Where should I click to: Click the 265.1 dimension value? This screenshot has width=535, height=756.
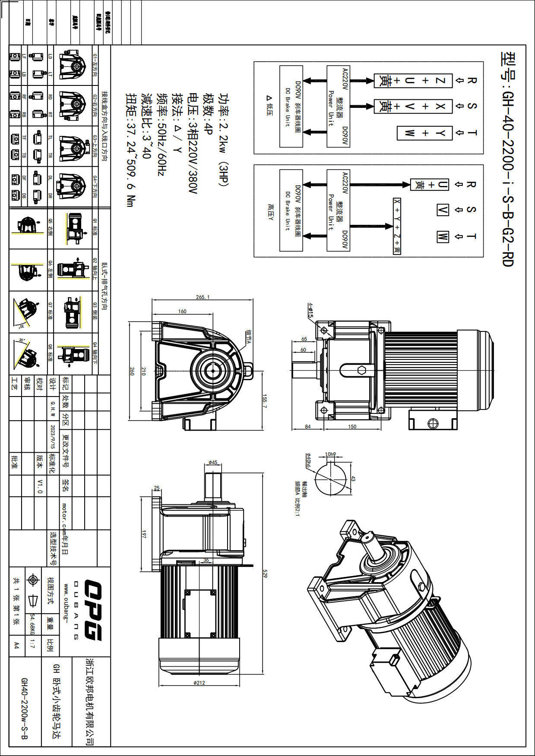coord(203,297)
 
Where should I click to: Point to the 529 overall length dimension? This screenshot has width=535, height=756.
coord(265,574)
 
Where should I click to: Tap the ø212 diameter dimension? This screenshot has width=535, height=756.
coord(199,683)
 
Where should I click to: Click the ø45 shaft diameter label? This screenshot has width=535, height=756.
coord(213,463)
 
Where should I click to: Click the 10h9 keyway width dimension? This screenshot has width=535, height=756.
coord(330,454)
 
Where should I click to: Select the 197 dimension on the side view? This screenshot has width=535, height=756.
coord(144,534)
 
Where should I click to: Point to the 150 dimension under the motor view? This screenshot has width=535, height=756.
coord(352,427)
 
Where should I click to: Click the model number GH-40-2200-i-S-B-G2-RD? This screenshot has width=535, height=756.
coord(508,160)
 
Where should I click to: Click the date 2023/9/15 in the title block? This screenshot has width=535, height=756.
coord(53,436)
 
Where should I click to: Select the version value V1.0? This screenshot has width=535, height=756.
coord(40,486)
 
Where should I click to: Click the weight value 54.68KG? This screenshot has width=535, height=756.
coord(32,624)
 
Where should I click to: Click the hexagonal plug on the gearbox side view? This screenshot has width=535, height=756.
coord(361,370)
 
